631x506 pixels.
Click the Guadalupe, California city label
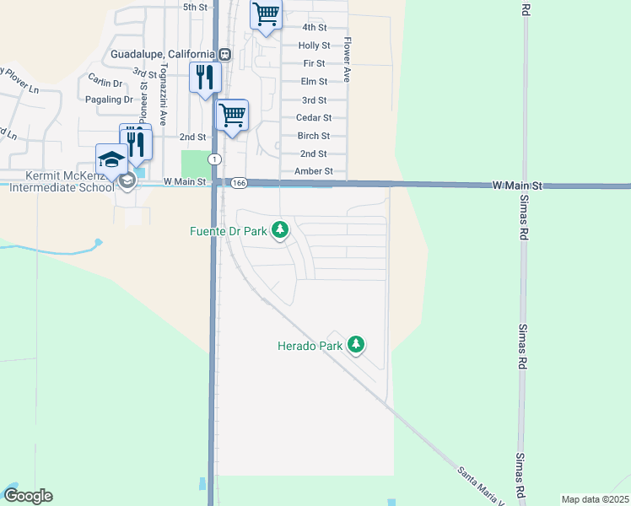click(164, 54)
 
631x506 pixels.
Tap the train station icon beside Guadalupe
click(224, 54)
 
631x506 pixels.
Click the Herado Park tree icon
click(357, 344)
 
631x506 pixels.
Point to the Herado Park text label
click(310, 346)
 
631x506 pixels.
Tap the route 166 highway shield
click(239, 182)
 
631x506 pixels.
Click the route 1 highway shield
click(215, 159)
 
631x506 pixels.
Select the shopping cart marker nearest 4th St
click(266, 14)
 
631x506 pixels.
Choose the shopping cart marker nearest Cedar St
click(232, 115)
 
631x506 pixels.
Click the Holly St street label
click(314, 46)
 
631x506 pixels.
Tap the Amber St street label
click(314, 171)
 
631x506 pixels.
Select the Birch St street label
click(313, 136)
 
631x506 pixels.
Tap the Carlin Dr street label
click(105, 82)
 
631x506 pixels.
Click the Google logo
click(28, 496)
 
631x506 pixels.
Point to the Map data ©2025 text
click(595, 499)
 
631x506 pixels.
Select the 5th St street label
click(195, 7)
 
